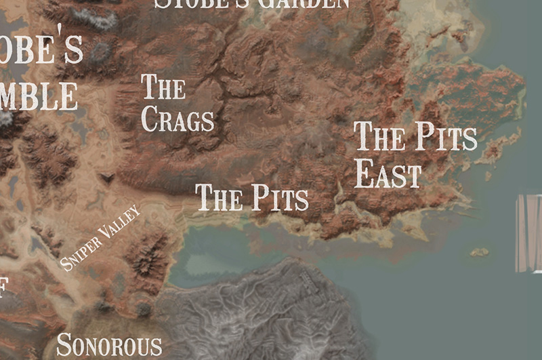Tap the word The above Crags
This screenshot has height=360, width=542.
tap(163, 88)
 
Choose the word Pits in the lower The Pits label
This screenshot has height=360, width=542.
tap(280, 198)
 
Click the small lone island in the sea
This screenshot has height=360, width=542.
tap(480, 252)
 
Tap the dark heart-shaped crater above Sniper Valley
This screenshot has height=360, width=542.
tap(107, 178)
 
